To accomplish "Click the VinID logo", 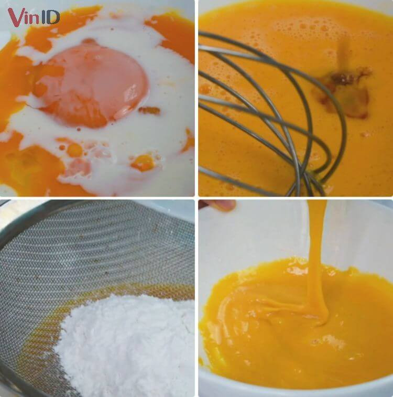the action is coord(34,17).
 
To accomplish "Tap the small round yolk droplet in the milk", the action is coord(74,149).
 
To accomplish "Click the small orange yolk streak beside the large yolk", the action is coord(149,110).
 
